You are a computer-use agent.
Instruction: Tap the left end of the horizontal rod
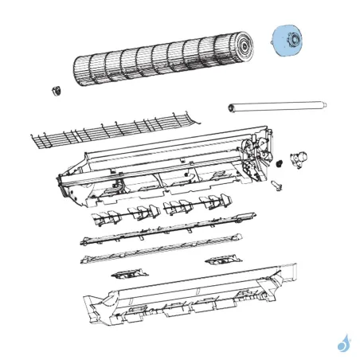232,104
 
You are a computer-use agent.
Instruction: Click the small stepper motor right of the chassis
300,159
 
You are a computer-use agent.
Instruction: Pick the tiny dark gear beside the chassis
280,164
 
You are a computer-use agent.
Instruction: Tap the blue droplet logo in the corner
343,343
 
